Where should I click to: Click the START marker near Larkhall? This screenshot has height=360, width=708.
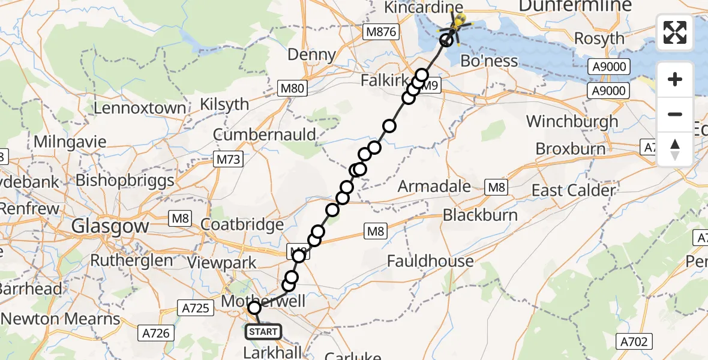[263, 332]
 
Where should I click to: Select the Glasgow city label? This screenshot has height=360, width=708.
[110, 226]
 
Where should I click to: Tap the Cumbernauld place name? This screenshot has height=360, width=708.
[264, 134]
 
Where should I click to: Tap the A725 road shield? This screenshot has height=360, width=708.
[196, 308]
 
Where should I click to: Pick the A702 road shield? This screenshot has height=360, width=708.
[634, 342]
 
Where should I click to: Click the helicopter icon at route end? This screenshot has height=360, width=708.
[458, 24]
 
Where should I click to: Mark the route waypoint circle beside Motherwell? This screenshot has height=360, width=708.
[255, 308]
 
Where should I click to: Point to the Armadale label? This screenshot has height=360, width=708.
[434, 187]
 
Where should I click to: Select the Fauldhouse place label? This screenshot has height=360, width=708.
[430, 261]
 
